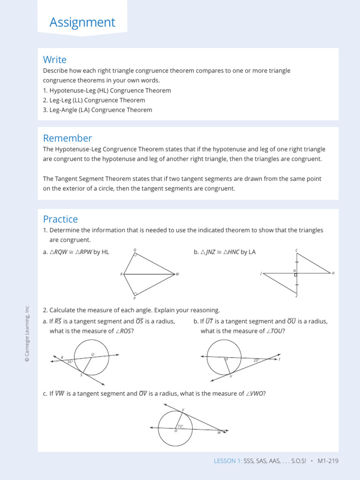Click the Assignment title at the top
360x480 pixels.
(x=82, y=22)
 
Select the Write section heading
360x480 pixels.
(x=55, y=60)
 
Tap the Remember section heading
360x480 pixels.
(x=67, y=138)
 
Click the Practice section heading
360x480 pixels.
(x=60, y=219)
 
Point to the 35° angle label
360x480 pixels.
(x=69, y=362)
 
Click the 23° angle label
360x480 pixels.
(x=256, y=360)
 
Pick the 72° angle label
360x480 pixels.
(x=180, y=426)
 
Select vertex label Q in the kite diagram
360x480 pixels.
(x=135, y=250)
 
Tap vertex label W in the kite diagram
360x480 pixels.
(x=178, y=274)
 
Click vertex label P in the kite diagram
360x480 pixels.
(x=135, y=298)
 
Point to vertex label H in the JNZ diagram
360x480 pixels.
(x=333, y=273)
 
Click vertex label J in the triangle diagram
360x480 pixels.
(x=261, y=273)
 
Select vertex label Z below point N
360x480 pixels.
(x=296, y=296)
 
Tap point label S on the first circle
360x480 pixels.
(x=81, y=375)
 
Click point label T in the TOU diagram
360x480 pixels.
(x=279, y=360)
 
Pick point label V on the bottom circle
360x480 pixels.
(x=183, y=410)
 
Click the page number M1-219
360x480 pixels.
(x=328, y=461)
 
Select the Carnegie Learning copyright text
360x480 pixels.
(x=27, y=333)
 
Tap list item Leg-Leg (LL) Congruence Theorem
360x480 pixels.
(x=94, y=100)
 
